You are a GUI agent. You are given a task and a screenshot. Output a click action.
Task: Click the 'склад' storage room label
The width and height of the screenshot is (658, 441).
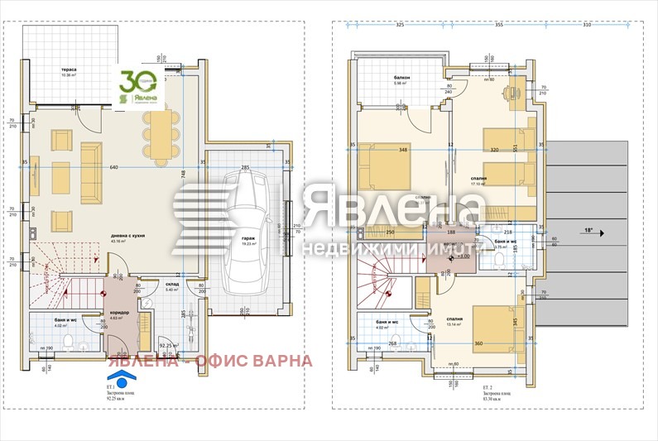point(172,283)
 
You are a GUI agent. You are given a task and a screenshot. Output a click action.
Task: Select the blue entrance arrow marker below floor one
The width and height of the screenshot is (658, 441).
point(122,380)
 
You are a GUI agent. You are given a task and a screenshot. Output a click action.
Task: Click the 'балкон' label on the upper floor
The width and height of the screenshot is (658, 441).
point(402,77)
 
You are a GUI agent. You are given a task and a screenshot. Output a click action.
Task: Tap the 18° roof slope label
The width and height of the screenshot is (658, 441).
point(588,231)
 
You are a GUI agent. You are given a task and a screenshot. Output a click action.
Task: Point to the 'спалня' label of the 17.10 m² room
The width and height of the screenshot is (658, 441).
point(479,178)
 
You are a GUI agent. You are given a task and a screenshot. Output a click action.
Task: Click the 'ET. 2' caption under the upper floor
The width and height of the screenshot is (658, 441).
point(488,386)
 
